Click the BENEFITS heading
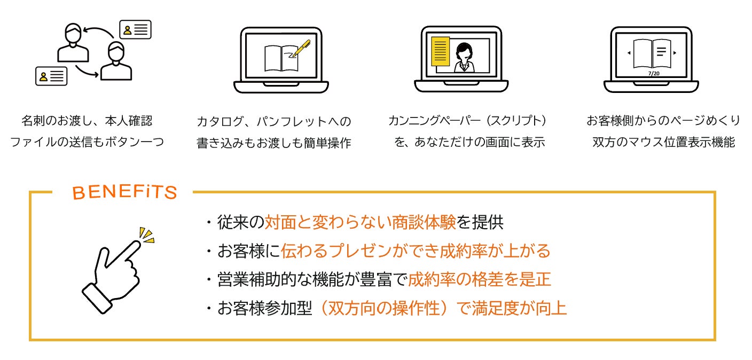(124, 192)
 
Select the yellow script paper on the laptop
(440, 51)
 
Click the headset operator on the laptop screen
(464, 57)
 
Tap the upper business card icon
(135, 29)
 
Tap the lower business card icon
(52, 76)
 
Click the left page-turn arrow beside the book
(629, 53)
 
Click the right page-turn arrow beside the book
(675, 53)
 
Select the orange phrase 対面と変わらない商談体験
(361, 223)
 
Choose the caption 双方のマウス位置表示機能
(663, 142)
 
